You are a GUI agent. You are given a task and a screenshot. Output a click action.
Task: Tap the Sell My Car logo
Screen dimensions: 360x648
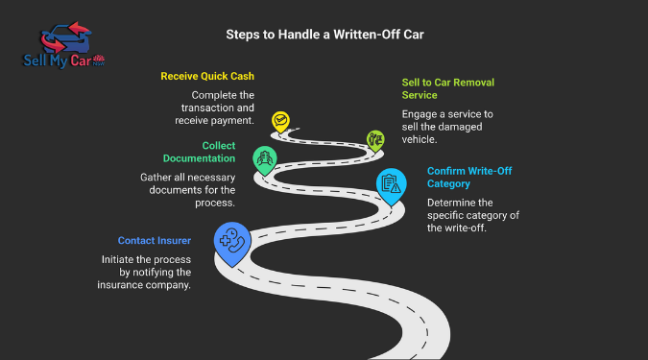(x=63, y=48)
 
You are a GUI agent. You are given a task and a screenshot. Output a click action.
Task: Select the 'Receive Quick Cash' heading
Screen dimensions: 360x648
(x=207, y=76)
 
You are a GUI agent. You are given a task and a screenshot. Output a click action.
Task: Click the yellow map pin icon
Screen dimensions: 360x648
(x=280, y=122)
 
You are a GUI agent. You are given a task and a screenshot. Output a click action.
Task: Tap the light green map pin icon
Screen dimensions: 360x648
(x=375, y=140)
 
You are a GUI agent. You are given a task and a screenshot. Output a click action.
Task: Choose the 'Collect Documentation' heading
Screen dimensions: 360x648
(x=204, y=152)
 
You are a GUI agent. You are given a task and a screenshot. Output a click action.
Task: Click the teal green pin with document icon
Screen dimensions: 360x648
(x=263, y=158)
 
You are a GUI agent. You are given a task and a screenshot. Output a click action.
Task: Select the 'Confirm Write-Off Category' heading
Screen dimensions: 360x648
(x=468, y=177)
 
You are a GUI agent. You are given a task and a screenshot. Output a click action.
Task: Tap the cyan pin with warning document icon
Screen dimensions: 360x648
(x=391, y=182)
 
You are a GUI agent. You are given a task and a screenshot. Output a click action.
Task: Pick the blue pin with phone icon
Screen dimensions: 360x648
(x=232, y=242)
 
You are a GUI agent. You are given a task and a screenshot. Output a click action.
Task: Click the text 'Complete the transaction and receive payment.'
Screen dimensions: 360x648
(x=224, y=108)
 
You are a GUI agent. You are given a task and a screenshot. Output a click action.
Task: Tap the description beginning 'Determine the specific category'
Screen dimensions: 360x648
(x=474, y=214)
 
